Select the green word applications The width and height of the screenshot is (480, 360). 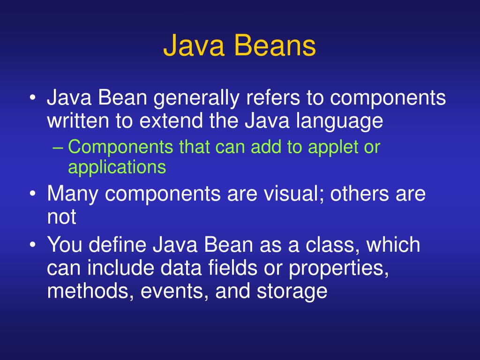click(117, 167)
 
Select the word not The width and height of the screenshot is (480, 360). click(61, 217)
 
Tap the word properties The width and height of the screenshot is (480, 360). click(338, 268)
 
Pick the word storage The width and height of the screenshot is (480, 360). click(292, 291)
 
